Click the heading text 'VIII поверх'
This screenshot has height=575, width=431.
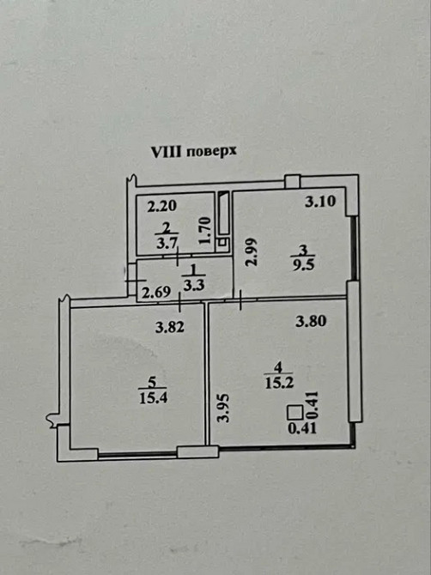coord(193,150)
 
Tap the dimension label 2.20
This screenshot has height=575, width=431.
coord(161,207)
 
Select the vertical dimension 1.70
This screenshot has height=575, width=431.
coord(205,233)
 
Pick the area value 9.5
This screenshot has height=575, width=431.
coord(300,264)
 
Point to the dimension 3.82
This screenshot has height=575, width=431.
coord(170,326)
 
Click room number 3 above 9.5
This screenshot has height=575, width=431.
coord(300,251)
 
